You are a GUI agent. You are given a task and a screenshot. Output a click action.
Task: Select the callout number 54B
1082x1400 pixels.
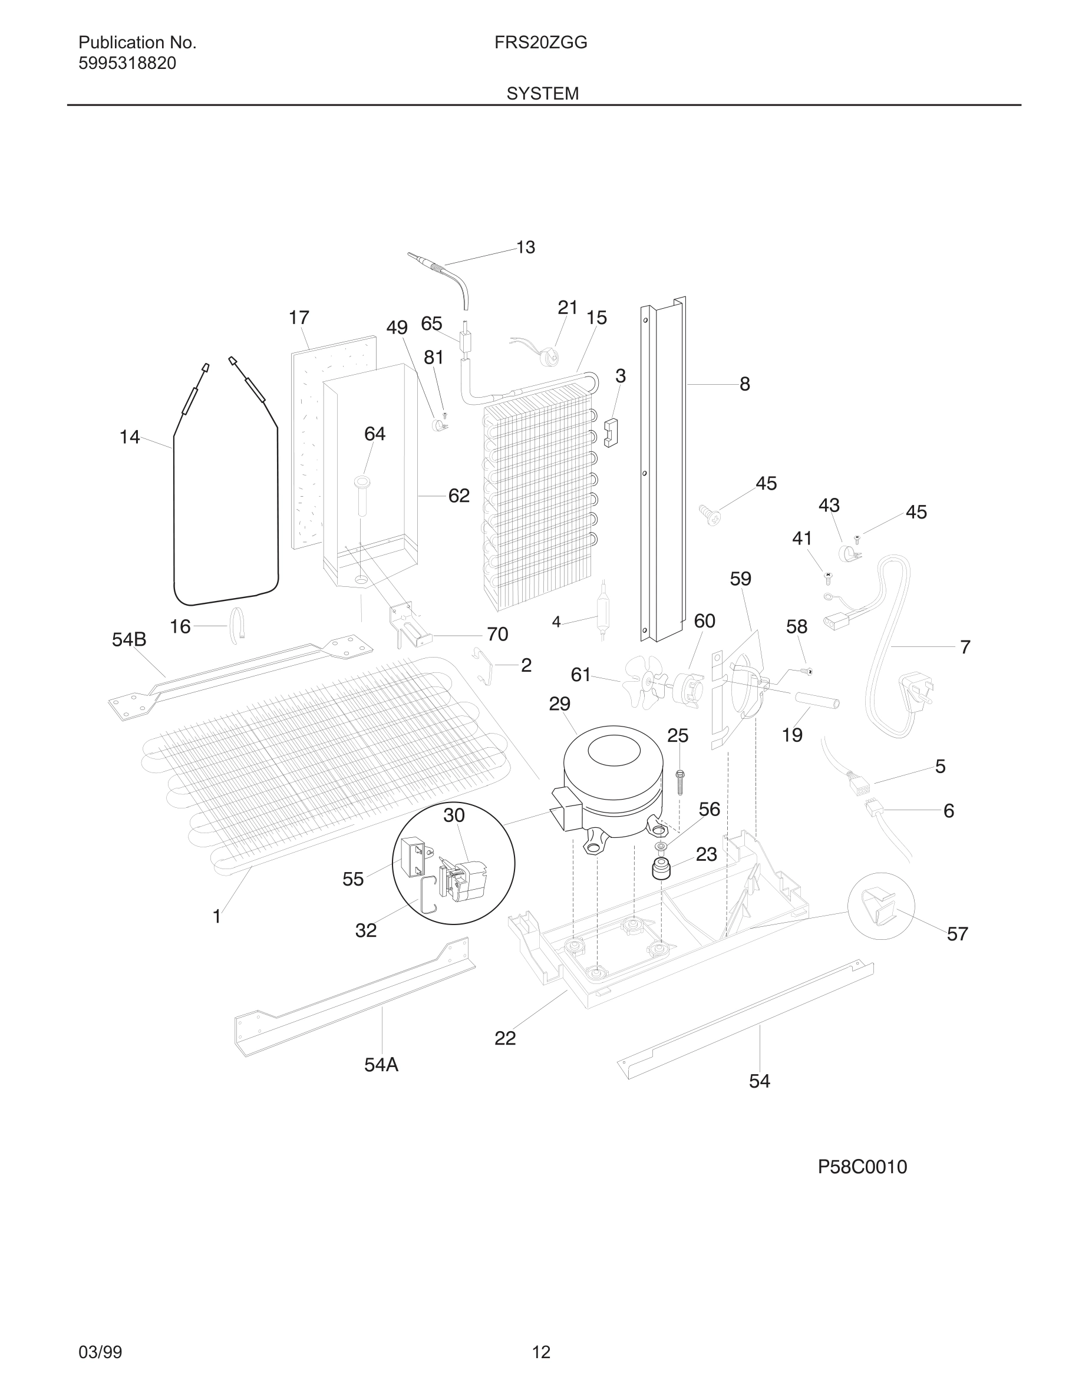[x=129, y=639]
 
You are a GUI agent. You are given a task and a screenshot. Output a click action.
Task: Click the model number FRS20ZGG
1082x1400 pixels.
[x=540, y=42]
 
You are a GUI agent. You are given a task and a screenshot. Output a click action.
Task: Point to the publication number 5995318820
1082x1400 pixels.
[x=127, y=64]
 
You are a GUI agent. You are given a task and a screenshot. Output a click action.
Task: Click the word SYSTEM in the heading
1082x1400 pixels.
[x=542, y=94]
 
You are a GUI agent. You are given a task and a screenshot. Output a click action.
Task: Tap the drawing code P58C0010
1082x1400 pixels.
[x=862, y=1167]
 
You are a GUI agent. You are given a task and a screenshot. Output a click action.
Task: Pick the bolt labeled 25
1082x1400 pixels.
[x=680, y=782]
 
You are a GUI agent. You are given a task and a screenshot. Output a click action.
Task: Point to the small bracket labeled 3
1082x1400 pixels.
[x=610, y=432]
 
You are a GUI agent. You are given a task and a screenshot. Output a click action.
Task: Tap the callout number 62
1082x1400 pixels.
[x=458, y=496]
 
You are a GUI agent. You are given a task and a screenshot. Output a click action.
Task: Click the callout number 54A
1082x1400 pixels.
[x=381, y=1065]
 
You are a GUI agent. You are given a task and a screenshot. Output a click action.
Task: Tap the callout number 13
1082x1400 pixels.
[x=526, y=247]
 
